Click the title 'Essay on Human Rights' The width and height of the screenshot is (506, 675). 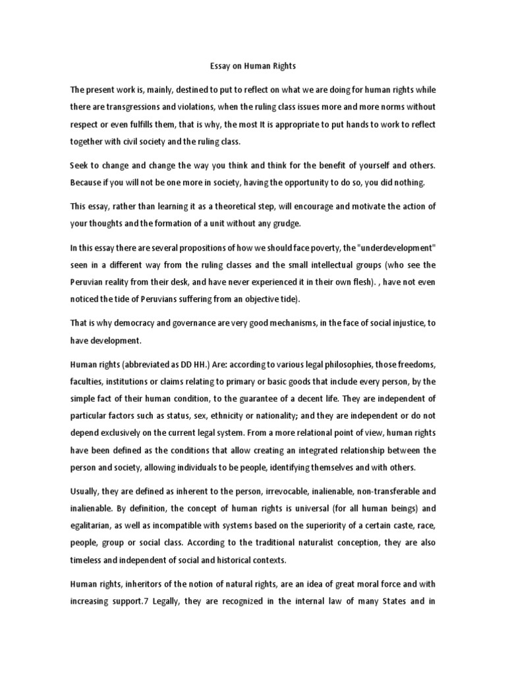click(252, 66)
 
